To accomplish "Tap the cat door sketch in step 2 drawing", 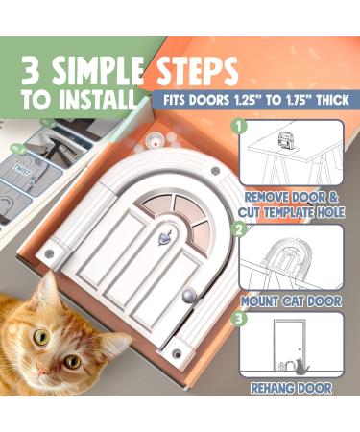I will click(289, 257).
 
